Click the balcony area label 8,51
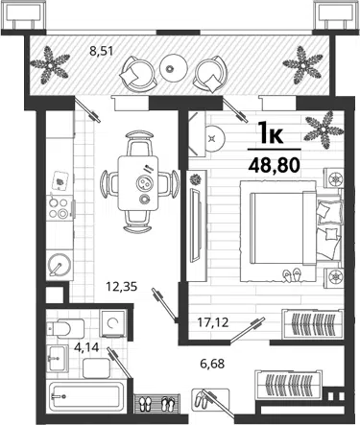coord(101,51)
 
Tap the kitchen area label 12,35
coord(122,287)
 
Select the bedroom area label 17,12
coord(213,322)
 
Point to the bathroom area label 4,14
coord(86,346)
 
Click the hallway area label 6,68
coord(212,364)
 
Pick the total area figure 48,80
coord(275,165)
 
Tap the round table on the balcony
coord(173,68)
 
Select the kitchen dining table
coord(138,183)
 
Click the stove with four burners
coord(60,208)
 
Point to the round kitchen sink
coord(60,265)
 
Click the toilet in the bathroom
coord(65,328)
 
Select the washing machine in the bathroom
coord(112,323)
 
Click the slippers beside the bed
coord(292,275)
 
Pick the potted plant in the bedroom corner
coord(324,130)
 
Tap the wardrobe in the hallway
coord(289,384)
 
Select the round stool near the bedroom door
coord(215,138)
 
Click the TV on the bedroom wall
coord(195,225)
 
